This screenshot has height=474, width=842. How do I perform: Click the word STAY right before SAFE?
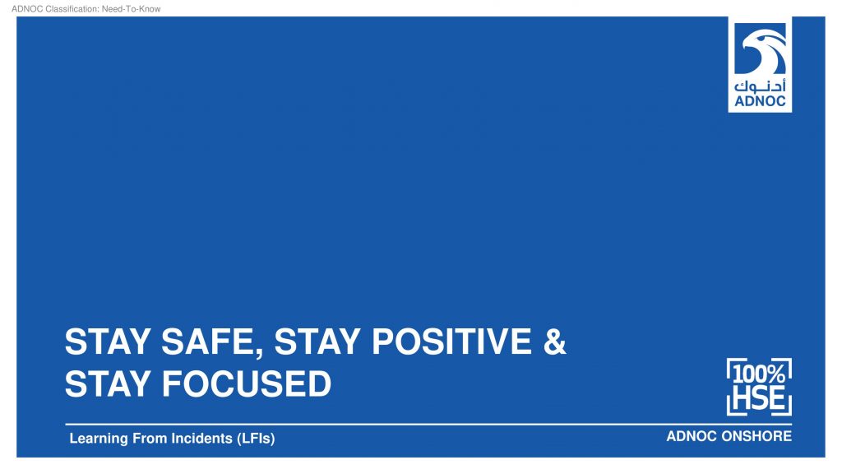(x=108, y=342)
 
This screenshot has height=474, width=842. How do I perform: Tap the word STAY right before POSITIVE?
(x=317, y=342)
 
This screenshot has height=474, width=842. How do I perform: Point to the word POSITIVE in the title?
(x=451, y=342)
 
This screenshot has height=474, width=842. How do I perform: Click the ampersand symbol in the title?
(x=555, y=342)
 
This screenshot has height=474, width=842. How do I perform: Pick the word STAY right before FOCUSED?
(x=108, y=383)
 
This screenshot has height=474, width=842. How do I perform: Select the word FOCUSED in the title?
(x=247, y=383)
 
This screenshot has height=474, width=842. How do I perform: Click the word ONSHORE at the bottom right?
(x=756, y=436)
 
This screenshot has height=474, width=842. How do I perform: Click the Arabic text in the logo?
(x=760, y=86)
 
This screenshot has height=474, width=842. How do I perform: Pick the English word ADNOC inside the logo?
(x=760, y=101)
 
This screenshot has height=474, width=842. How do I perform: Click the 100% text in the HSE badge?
(x=759, y=374)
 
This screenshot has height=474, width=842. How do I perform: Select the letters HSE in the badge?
(x=759, y=398)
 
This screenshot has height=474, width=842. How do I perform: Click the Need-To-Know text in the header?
(x=131, y=8)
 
